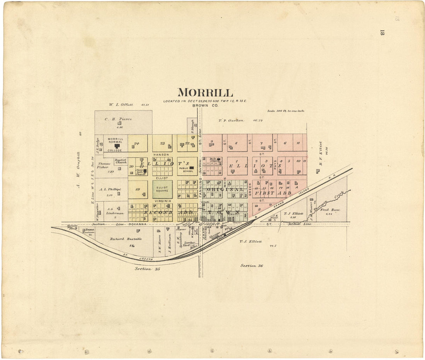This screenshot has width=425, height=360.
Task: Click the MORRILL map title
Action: coord(205,93)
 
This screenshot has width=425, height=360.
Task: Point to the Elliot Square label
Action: coord(162,189)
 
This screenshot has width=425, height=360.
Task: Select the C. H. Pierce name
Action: coord(118,119)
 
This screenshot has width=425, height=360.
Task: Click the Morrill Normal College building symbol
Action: coord(115,146)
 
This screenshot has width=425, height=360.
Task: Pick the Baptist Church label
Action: coord(121,161)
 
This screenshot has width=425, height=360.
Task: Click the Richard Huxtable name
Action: coord(126,239)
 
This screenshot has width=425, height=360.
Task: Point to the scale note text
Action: coord(286,111)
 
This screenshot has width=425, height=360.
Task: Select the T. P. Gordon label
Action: coord(231,120)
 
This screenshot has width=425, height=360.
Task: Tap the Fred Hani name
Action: coord(330,210)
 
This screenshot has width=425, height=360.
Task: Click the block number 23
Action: coord(162,143)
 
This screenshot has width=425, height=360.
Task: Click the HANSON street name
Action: coord(162,155)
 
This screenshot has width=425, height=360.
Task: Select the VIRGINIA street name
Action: coord(162,201)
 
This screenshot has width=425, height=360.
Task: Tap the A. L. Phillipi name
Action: coord(110,189)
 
